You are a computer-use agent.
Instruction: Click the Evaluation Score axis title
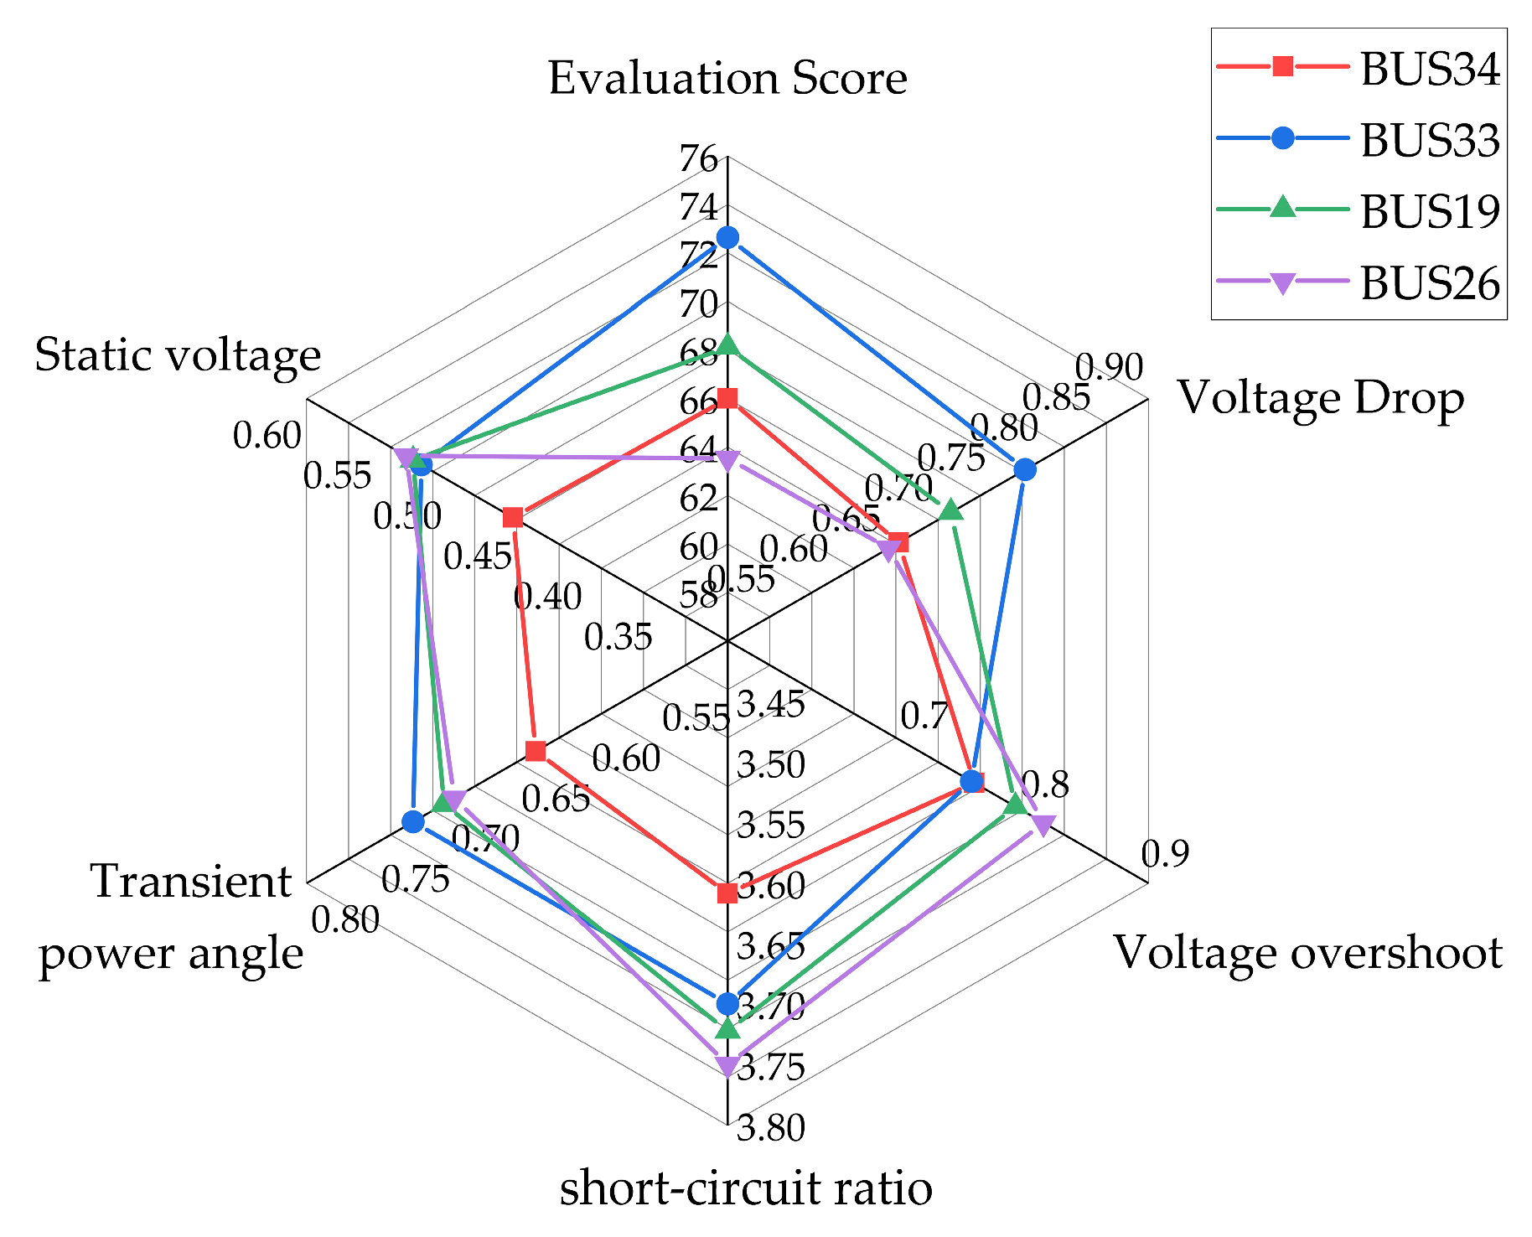click(727, 78)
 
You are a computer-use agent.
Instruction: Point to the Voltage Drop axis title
click(1322, 397)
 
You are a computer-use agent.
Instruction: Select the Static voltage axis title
click(178, 355)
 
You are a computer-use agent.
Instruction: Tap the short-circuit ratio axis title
click(746, 1188)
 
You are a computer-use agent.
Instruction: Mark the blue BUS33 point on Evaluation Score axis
click(727, 238)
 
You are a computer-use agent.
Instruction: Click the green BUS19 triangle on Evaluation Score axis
click(727, 344)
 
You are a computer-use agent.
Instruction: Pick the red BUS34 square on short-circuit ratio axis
click(727, 893)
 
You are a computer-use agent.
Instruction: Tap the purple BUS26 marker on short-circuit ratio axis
click(727, 1066)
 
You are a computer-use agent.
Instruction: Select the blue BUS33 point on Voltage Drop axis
click(1024, 469)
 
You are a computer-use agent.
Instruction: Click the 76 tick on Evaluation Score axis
click(700, 159)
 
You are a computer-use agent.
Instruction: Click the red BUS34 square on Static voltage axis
click(513, 517)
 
